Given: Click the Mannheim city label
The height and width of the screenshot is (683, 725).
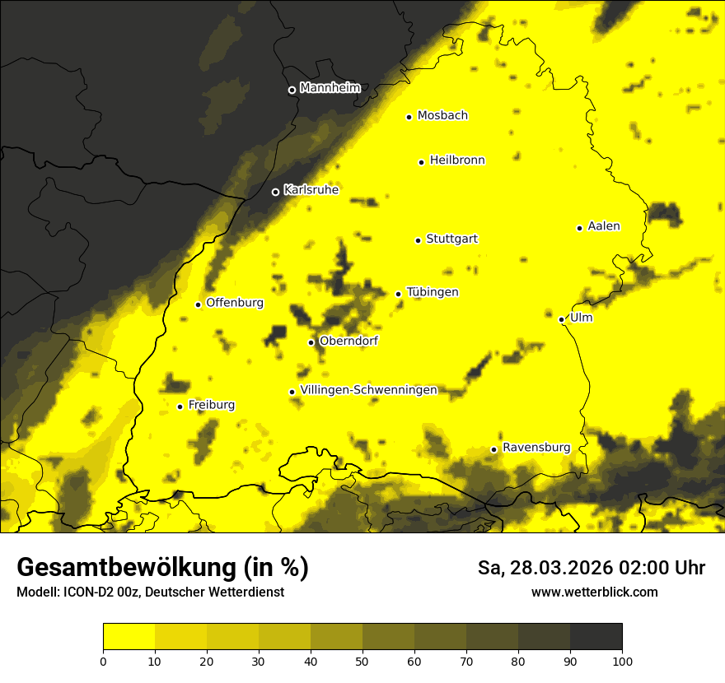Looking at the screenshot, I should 330,88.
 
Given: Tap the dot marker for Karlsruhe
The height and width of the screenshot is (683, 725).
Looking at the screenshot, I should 275,192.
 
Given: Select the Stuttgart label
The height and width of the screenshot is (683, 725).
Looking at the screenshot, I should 451,239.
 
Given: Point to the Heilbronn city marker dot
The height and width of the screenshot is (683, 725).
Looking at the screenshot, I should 421,162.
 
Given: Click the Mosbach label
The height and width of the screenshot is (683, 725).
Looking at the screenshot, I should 442,116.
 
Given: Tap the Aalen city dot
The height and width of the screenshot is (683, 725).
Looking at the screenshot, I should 579,228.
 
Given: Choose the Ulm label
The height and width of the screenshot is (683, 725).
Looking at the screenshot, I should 581,318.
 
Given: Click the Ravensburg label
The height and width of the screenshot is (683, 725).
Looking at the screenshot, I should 536,448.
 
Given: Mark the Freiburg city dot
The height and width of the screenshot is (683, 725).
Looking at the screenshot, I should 180,407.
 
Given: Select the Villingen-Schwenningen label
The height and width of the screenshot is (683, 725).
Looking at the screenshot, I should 368,390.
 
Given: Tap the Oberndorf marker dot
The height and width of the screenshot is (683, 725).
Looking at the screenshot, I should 311,342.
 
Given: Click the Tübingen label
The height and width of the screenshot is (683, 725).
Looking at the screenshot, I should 433,292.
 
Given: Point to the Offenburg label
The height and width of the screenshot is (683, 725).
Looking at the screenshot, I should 234,303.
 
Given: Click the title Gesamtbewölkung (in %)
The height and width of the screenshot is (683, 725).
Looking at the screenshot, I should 162,568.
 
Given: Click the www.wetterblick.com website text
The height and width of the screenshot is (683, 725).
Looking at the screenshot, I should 594,592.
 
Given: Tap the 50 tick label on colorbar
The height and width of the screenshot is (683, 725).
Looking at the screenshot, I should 362,660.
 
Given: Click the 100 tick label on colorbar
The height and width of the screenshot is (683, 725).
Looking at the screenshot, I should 621,660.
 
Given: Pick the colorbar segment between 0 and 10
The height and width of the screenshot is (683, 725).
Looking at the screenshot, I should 129,637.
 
